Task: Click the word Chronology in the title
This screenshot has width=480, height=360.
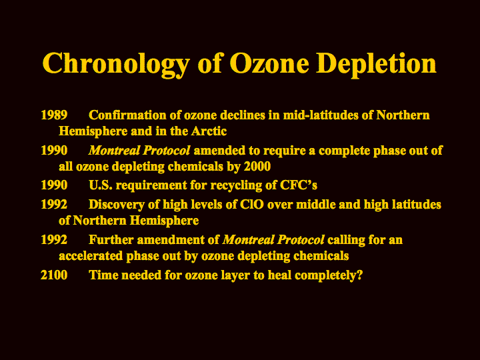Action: [x=115, y=64]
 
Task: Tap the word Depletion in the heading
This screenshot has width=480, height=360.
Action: [x=376, y=63]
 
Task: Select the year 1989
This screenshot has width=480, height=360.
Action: [x=54, y=115]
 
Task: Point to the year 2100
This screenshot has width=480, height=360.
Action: [x=54, y=275]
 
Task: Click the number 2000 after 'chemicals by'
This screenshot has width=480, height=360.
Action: [x=257, y=167]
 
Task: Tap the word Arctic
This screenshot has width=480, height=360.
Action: [x=209, y=131]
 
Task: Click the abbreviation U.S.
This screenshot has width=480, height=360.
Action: [x=101, y=185]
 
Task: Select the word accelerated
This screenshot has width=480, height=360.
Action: [x=91, y=256]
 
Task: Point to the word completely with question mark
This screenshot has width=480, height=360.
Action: [x=329, y=275]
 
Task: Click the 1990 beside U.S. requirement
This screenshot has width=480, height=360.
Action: [x=54, y=185]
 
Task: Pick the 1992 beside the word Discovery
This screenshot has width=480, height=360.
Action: [x=54, y=205]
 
